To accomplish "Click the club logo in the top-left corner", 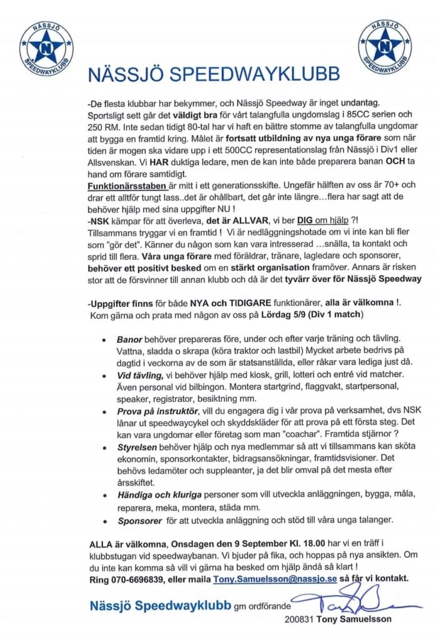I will pyautogui.click(x=47, y=46).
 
